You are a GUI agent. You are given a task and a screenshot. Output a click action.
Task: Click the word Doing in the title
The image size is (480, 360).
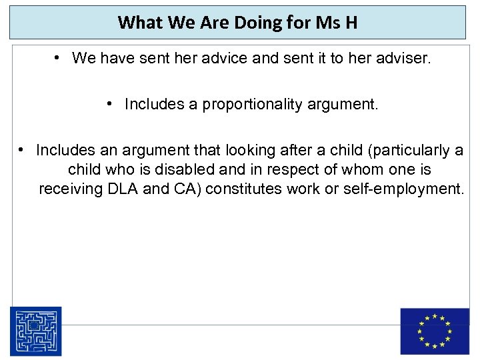tap(258, 23)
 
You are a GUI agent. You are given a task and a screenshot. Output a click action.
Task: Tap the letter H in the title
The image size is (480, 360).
tap(351, 23)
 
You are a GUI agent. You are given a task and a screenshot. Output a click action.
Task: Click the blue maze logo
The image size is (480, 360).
tap(35, 331)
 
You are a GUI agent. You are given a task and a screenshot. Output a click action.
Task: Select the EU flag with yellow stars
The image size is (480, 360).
tap(435, 331)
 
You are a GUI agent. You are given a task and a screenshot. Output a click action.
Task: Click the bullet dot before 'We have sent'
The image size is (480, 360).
tap(59, 59)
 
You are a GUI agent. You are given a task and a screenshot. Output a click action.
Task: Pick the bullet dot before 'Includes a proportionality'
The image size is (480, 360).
tap(111, 105)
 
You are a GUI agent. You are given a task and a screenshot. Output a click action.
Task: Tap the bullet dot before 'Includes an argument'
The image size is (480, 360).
tap(23, 150)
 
